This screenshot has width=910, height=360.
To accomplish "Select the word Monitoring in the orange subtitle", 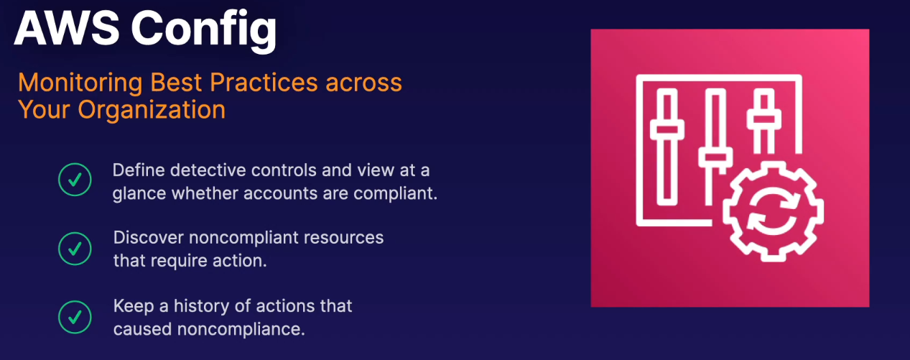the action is (x=80, y=83).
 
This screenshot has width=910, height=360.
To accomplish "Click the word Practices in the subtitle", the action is (x=264, y=83).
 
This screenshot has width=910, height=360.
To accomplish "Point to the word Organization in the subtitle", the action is (x=152, y=110).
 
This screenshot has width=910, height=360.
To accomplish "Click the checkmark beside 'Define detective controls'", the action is (x=75, y=180).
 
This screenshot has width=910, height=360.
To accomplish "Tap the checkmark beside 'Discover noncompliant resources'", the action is (x=75, y=249).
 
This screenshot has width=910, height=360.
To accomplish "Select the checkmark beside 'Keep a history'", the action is (x=75, y=318).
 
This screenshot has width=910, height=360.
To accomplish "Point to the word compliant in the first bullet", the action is (x=394, y=194).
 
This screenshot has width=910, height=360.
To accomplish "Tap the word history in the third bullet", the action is (x=201, y=307).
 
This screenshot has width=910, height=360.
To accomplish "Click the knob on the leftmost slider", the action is (x=667, y=129).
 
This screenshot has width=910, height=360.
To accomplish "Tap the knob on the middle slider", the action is (x=715, y=157).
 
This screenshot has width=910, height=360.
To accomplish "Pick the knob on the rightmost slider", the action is (x=763, y=119).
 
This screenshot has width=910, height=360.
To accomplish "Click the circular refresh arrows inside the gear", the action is (x=773, y=211).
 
